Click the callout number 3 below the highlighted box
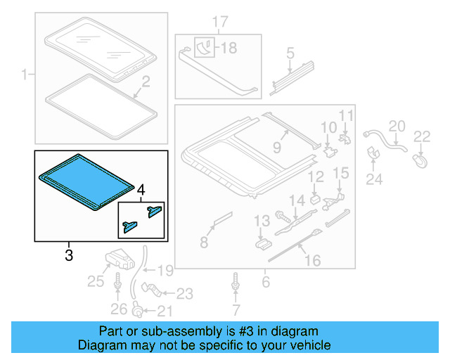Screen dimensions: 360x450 [x=69, y=255]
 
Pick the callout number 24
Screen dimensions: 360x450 [x=374, y=179]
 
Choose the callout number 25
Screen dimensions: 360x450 [x=95, y=282]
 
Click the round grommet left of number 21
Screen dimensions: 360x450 [x=139, y=311]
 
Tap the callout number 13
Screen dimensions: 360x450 [x=262, y=221]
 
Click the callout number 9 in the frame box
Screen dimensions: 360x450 [x=277, y=148]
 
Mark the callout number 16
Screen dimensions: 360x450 [x=311, y=261]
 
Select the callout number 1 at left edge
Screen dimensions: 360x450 [x=25, y=73]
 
